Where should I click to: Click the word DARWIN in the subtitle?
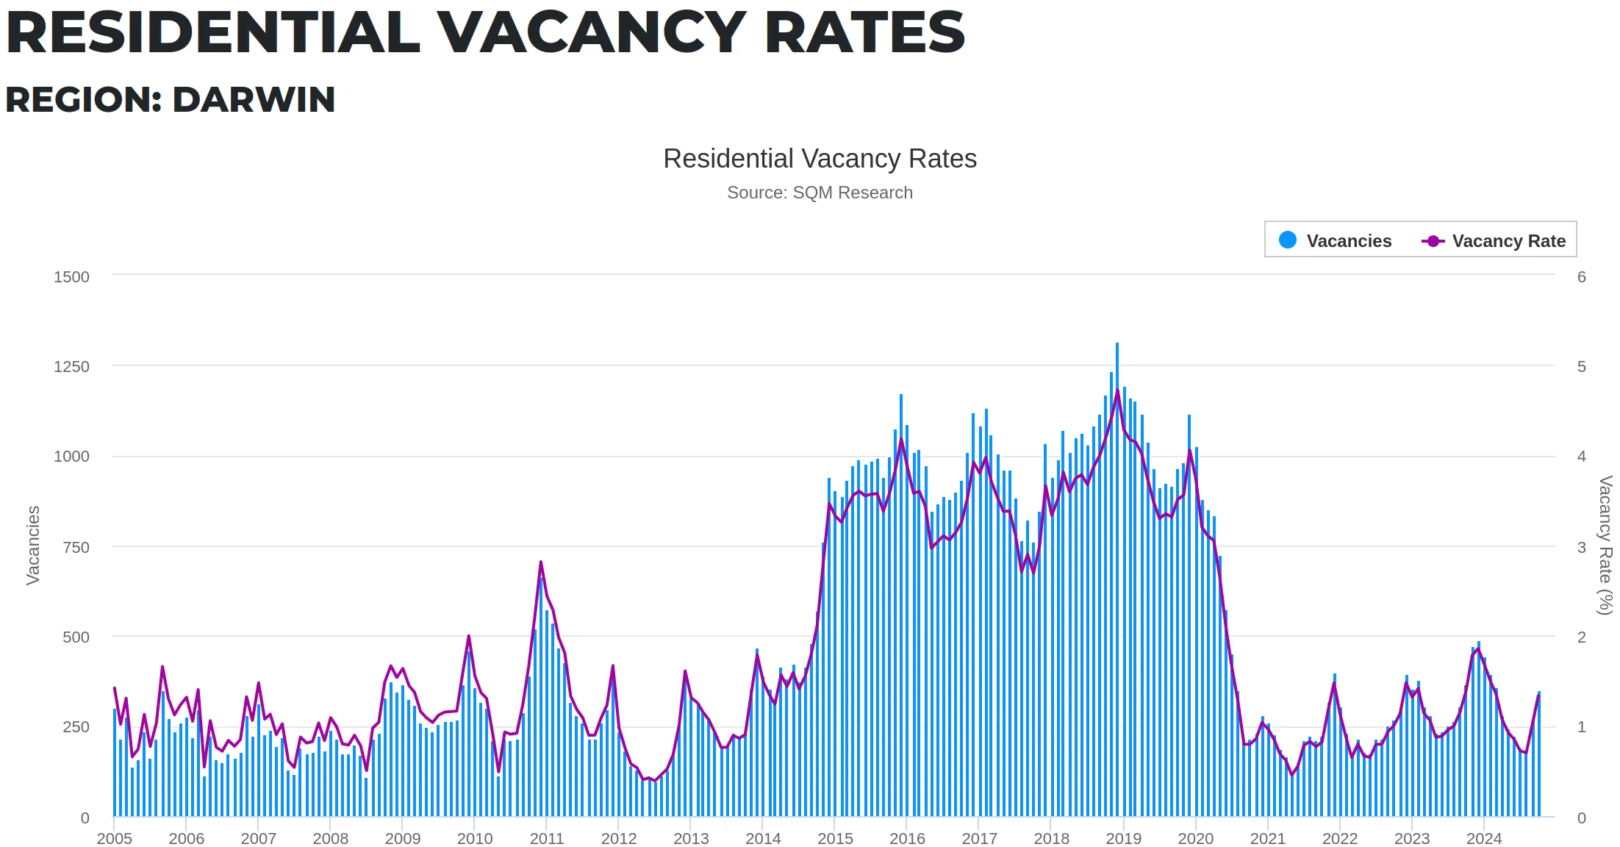tap(253, 100)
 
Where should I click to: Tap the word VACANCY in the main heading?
tap(592, 32)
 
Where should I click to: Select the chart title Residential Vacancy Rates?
tap(820, 159)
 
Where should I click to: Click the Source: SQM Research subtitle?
tap(820, 193)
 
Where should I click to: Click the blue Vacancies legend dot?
tap(1287, 240)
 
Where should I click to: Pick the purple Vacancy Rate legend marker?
tap(1433, 241)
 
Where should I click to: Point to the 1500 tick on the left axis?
tap(71, 277)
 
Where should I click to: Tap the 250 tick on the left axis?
tap(76, 727)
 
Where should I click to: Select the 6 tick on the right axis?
tap(1581, 277)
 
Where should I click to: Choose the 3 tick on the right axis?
tap(1581, 547)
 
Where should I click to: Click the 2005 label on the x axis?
tap(115, 838)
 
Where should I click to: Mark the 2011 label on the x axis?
tap(547, 838)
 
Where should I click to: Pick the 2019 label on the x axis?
tap(1123, 838)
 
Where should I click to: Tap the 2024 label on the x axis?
tap(1483, 838)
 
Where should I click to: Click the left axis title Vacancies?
tap(33, 546)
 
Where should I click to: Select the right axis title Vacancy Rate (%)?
tap(1605, 546)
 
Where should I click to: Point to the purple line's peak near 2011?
tap(540, 562)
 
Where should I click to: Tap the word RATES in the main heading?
tap(864, 32)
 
